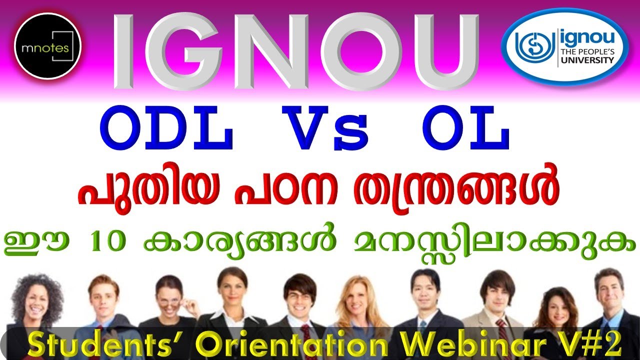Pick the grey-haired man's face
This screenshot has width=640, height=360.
click(x=609, y=290)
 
